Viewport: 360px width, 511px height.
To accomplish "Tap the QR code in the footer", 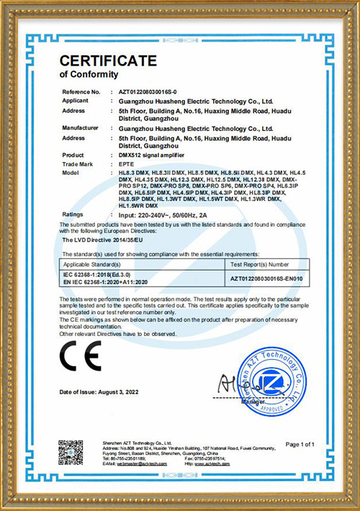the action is point(71,452).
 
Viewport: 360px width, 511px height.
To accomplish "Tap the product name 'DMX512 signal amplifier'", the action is point(149,155).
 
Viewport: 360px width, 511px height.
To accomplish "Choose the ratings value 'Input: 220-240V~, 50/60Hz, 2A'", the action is point(163,214).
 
